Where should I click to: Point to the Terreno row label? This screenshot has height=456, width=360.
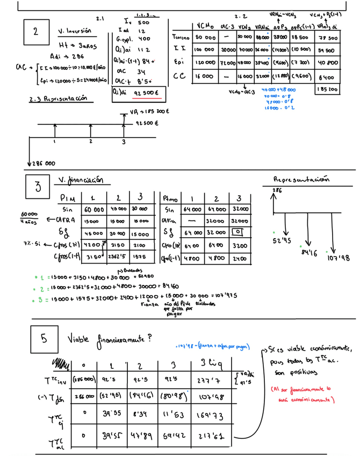181,38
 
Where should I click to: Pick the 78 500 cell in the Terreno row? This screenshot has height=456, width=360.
327,38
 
